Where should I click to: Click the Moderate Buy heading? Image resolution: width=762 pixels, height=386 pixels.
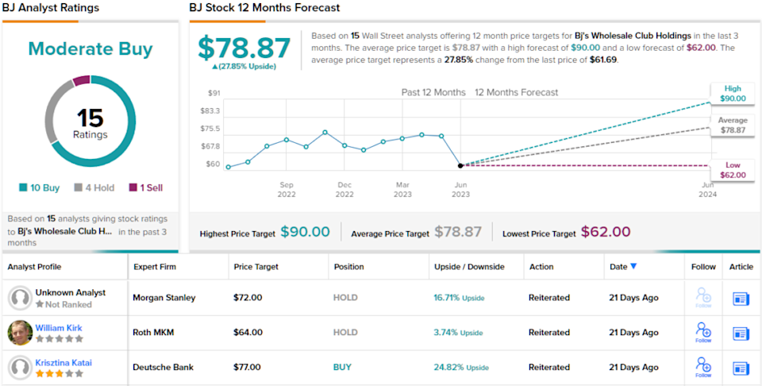pos(90,49)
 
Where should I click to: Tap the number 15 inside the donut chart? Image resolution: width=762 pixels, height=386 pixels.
pos(90,118)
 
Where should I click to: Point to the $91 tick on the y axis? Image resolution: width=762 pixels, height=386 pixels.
pos(214,94)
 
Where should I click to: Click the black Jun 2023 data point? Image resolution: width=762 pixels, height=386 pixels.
pos(460,165)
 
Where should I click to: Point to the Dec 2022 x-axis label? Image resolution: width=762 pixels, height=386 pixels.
pos(344,189)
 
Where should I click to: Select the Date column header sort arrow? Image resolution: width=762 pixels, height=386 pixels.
pos(633,267)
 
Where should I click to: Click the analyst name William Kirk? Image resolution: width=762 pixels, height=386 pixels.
pos(59,328)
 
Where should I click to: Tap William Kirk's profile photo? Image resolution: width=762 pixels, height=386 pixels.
pos(20,333)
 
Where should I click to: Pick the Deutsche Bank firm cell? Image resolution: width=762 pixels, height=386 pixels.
pos(163,368)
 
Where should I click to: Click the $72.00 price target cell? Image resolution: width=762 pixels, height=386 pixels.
pos(248,298)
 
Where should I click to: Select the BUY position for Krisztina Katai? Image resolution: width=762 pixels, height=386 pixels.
pos(343,368)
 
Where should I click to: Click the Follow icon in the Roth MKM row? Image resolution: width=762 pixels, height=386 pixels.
pos(702,332)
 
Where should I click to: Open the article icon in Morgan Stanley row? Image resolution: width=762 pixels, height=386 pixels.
pos(741,299)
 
